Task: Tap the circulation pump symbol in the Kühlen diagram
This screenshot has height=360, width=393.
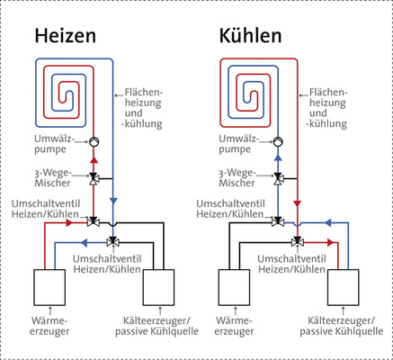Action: click(279, 142)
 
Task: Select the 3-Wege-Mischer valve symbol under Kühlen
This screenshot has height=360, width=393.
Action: click(279, 177)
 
